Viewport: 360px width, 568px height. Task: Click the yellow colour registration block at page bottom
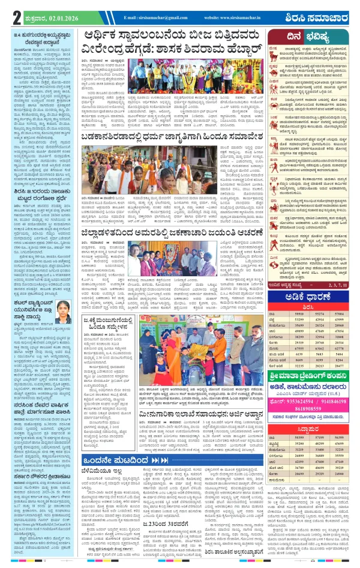click(x=180, y=564)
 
